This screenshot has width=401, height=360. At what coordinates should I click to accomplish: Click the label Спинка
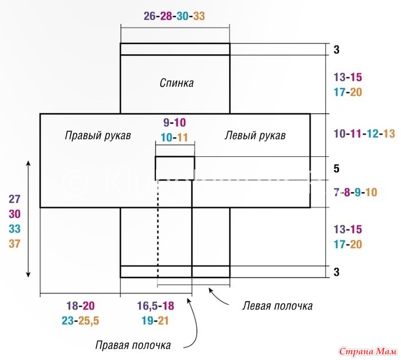(176, 83)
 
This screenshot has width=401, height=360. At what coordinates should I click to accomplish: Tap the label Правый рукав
(98, 136)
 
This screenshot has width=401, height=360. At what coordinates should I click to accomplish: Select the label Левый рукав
(255, 136)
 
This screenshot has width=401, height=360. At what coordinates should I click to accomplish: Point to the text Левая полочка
(277, 306)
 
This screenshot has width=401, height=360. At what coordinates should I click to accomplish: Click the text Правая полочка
(133, 345)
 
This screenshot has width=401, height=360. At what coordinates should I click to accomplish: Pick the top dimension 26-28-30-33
(174, 16)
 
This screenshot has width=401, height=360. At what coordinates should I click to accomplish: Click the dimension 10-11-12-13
(364, 133)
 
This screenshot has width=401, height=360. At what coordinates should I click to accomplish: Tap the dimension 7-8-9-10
(355, 192)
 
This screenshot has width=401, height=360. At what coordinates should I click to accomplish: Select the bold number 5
(337, 169)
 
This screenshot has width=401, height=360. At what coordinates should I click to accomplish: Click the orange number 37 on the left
(14, 243)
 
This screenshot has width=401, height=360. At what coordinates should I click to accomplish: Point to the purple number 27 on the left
(14, 199)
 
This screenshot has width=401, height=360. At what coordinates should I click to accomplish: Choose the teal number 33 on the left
(14, 229)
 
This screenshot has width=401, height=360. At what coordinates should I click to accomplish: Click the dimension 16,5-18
(155, 306)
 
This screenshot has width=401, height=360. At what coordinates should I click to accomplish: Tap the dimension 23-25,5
(80, 321)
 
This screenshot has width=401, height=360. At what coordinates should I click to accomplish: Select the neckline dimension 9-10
(174, 122)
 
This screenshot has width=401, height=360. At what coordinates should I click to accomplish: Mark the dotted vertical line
(158, 229)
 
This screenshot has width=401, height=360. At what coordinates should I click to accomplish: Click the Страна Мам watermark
(368, 351)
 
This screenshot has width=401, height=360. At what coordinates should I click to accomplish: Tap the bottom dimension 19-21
(155, 321)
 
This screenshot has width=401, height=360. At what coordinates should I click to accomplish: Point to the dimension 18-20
(80, 306)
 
